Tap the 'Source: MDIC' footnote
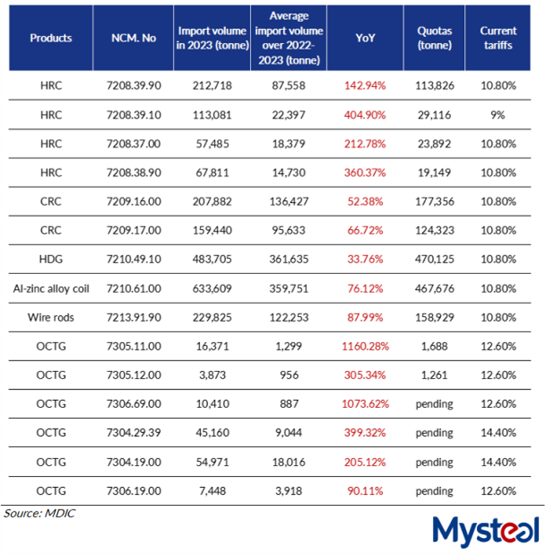click(x=39, y=513)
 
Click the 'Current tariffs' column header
click(x=498, y=37)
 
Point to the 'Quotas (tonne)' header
click(x=434, y=37)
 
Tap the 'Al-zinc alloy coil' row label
click(x=51, y=288)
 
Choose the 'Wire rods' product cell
click(x=51, y=317)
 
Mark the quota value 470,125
click(x=434, y=259)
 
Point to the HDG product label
click(x=51, y=259)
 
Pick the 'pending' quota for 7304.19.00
click(x=434, y=462)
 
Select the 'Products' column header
click(x=51, y=38)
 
